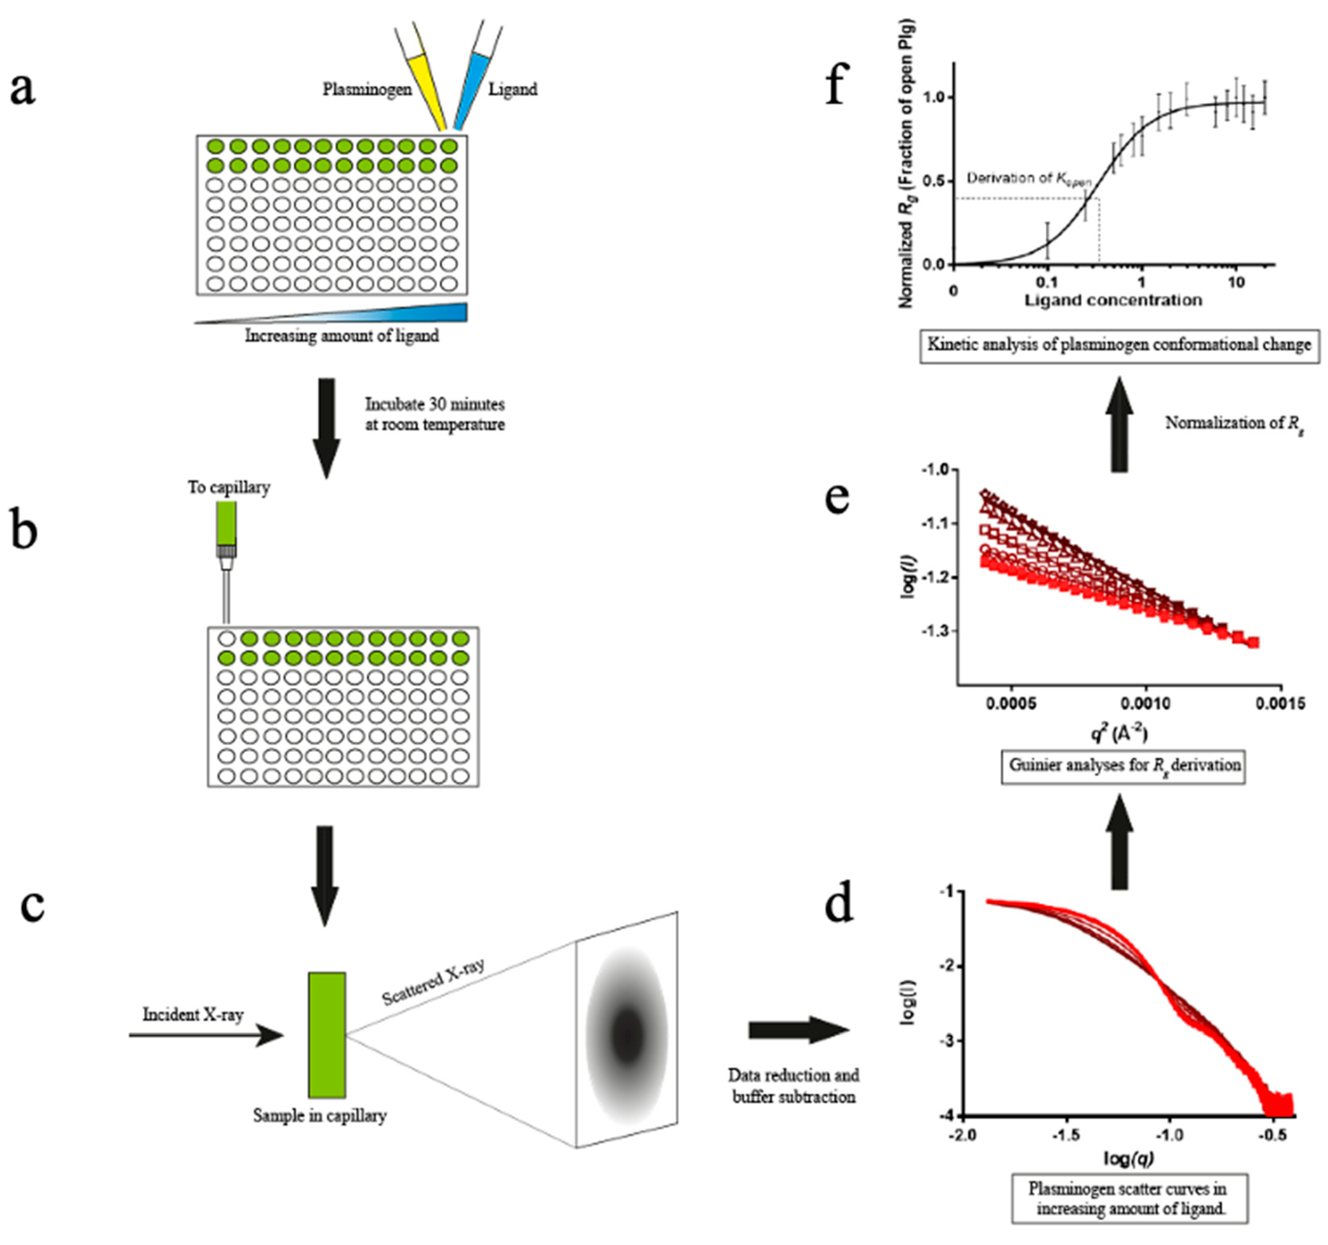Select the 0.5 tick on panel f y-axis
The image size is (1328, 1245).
935,181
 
